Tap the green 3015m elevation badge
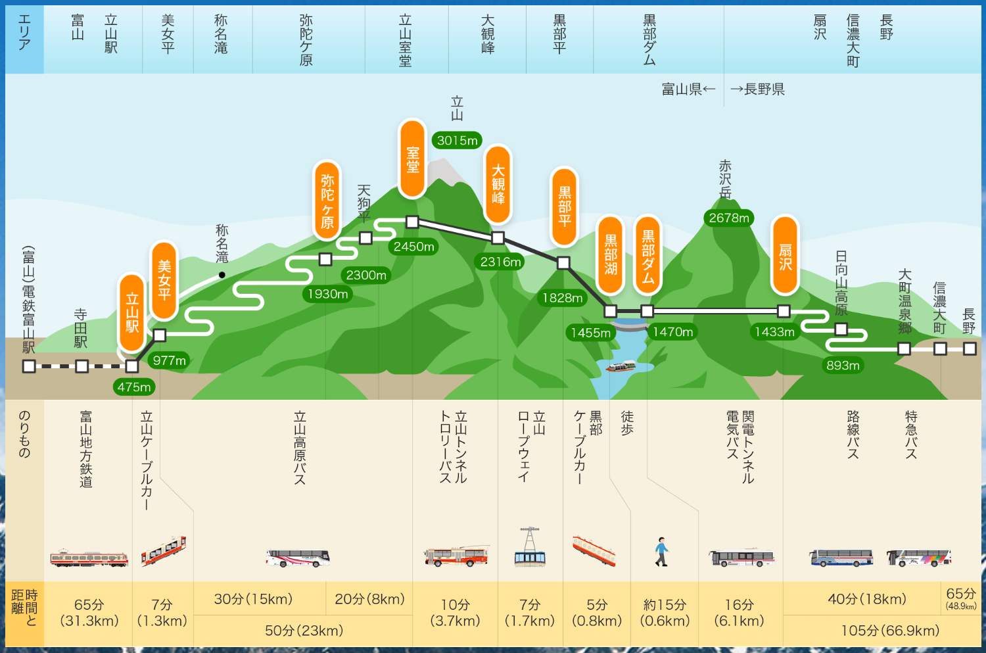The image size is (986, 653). (458, 140)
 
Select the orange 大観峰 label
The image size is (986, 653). (498, 184)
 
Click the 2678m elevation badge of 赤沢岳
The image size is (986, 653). (729, 218)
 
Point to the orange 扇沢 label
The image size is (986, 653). (785, 256)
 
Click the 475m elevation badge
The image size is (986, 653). (134, 387)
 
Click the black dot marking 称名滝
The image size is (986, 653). (222, 275)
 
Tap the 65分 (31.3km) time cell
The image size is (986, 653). (89, 612)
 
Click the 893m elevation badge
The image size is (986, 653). (843, 365)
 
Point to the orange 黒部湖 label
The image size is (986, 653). (611, 254)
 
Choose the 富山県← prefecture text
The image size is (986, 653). (688, 89)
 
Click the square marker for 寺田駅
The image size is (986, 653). (82, 366)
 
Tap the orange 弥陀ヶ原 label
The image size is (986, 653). (327, 201)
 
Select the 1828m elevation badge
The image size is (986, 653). (562, 298)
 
